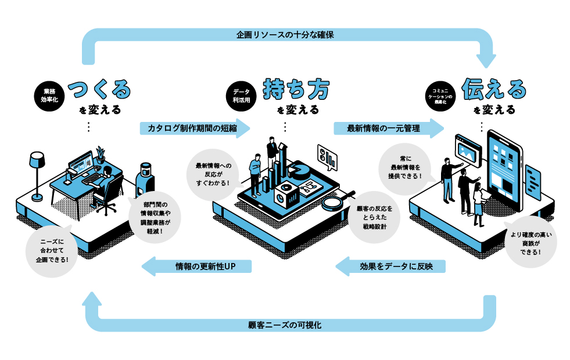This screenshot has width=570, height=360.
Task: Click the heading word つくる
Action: click(x=99, y=89)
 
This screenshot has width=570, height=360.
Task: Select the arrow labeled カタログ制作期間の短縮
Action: click(x=195, y=128)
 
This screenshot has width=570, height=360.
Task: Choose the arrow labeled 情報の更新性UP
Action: click(x=198, y=267)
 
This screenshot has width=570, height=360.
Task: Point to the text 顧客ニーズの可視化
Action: click(x=285, y=325)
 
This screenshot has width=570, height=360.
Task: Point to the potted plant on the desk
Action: click(x=101, y=153)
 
